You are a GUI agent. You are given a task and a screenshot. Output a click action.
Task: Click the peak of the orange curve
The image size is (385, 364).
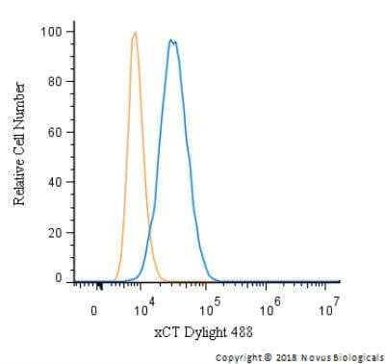(x=136, y=33)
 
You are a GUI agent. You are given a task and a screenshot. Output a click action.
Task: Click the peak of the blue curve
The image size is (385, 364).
(x=170, y=40)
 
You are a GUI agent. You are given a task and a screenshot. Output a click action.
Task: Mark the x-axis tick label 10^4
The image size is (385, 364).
(x=143, y=308)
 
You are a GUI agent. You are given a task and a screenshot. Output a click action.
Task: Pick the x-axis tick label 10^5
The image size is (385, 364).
(x=207, y=308)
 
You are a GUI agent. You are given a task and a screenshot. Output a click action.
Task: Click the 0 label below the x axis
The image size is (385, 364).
(x=94, y=310)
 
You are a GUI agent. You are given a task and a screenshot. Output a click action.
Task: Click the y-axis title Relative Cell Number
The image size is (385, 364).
(x=19, y=143)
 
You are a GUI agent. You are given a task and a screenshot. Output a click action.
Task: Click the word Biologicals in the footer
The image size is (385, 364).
(x=357, y=355)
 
